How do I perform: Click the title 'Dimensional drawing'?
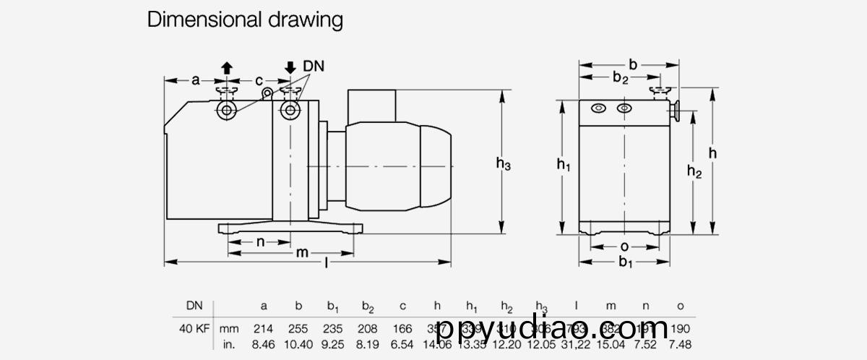[x=245, y=20]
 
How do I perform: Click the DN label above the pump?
[x=314, y=66]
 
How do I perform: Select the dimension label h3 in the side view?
[x=504, y=166]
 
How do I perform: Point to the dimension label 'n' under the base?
[x=261, y=241]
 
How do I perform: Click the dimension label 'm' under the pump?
[x=303, y=252]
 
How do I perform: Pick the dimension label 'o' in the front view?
[x=624, y=247]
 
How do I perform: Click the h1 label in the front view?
[x=564, y=166]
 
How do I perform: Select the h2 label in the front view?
[x=694, y=171]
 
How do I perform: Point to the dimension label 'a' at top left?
[x=195, y=80]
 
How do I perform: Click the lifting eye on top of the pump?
[x=267, y=92]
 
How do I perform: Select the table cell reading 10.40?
[x=298, y=344]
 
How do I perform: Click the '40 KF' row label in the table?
[x=194, y=329]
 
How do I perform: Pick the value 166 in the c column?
[x=402, y=329]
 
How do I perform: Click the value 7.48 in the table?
[x=680, y=344]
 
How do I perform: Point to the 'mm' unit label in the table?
[x=229, y=329]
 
